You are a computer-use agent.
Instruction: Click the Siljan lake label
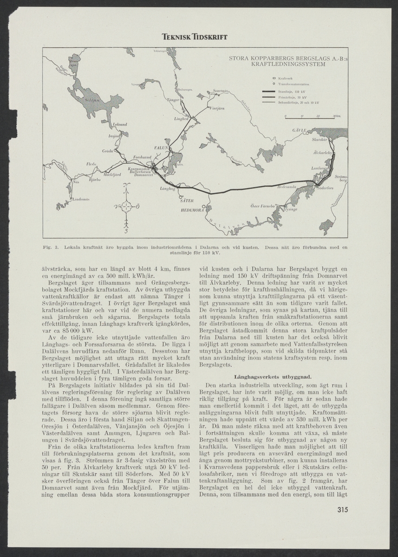91,99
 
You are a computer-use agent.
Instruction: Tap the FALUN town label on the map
161,148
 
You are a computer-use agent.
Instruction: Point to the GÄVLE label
299,130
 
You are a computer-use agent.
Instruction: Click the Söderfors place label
325,188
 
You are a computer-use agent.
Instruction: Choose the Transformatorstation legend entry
294,84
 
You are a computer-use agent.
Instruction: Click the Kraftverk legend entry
285,78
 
